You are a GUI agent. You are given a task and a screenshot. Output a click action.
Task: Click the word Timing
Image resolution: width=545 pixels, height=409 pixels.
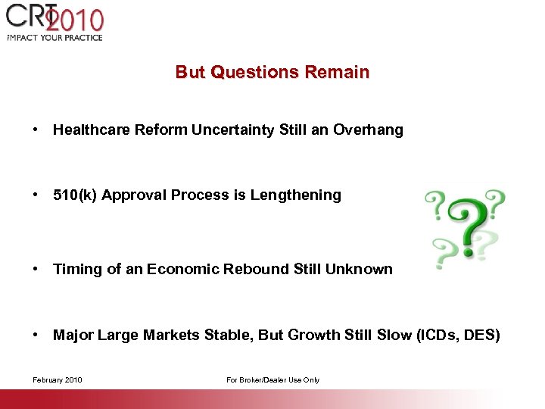[x=74, y=270]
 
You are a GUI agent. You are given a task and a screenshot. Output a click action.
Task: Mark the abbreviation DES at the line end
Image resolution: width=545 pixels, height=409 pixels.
[x=484, y=336]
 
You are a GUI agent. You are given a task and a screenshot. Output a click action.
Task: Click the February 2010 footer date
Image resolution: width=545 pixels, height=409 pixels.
[x=58, y=379]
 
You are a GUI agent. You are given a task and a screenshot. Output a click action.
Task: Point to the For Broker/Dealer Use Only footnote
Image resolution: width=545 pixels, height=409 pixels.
[x=272, y=379]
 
